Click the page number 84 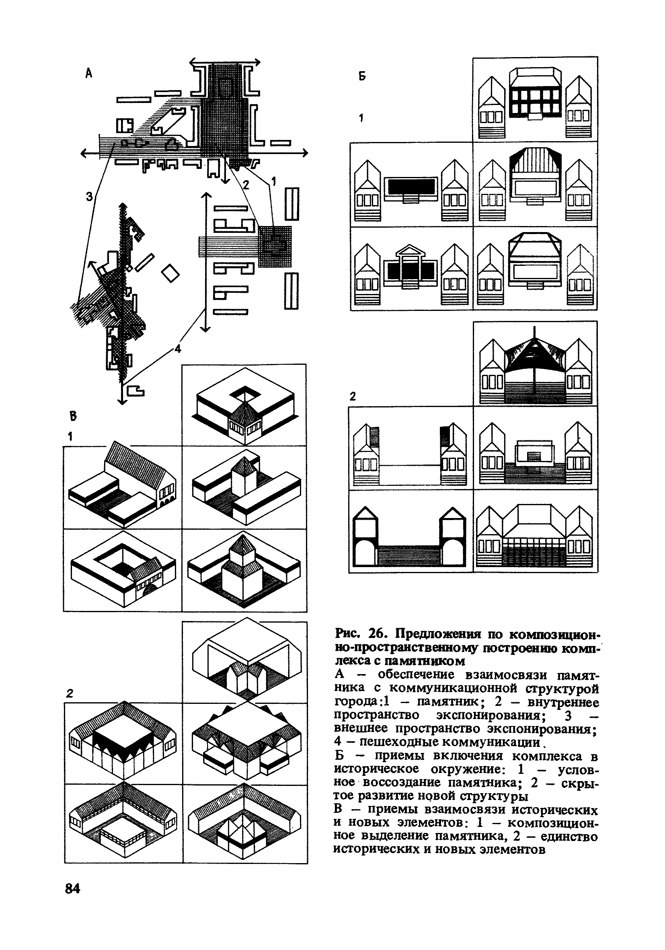click(x=72, y=888)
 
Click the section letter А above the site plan click(x=89, y=74)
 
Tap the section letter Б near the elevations click(x=362, y=76)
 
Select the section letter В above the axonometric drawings click(x=73, y=416)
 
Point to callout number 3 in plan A click(x=89, y=197)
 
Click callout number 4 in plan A click(x=178, y=349)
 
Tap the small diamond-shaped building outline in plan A click(x=170, y=273)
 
